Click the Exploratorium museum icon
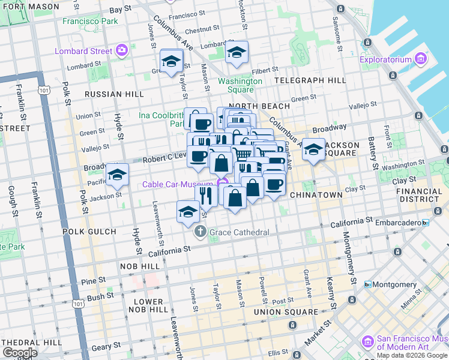pos(420,59)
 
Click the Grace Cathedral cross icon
pos(201,232)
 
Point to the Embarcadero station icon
pos(426,223)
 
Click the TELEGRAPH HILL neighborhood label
pos(310,80)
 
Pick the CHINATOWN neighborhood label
pos(316,195)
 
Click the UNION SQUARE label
pos(286,312)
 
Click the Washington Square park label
pos(240,85)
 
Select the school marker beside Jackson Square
pos(313,149)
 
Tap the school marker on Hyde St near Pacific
pos(118,175)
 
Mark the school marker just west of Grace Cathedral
pos(188,211)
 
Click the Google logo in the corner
pos(20,353)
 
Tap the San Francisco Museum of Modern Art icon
pos(367,341)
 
